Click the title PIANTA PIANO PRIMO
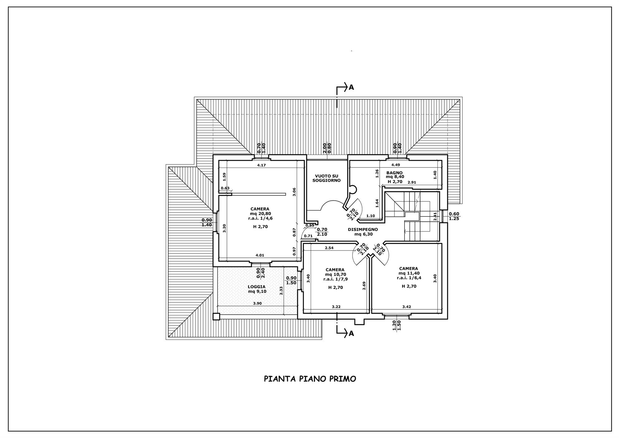click(310, 379)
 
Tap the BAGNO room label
click(394, 173)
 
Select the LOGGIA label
click(257, 287)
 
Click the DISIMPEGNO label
click(363, 230)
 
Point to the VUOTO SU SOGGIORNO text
click(326, 178)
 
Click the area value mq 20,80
click(260, 213)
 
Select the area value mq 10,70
click(335, 274)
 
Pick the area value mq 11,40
click(409, 273)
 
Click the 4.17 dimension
click(262, 165)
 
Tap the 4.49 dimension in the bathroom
click(396, 165)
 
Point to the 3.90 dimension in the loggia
click(257, 303)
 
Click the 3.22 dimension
click(336, 307)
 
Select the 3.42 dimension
click(406, 307)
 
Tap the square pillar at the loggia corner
click(216, 317)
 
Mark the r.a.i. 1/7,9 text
click(335, 279)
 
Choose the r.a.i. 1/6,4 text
click(409, 278)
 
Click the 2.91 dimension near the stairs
click(411, 182)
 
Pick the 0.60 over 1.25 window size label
click(454, 216)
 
